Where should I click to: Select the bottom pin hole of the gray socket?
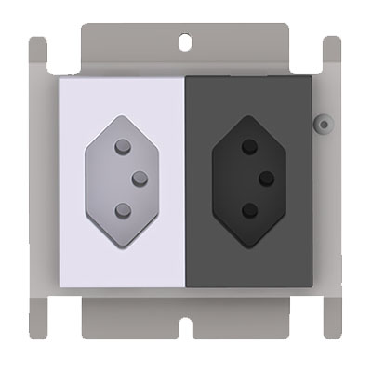click(x=121, y=209)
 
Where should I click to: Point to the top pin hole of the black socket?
click(x=248, y=146)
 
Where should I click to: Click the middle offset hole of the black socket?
click(x=266, y=177)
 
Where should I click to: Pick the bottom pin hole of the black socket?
click(x=248, y=209)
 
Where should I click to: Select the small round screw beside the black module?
click(x=323, y=121)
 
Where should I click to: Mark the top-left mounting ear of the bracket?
click(x=37, y=56)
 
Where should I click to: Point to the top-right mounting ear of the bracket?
click(x=332, y=56)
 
